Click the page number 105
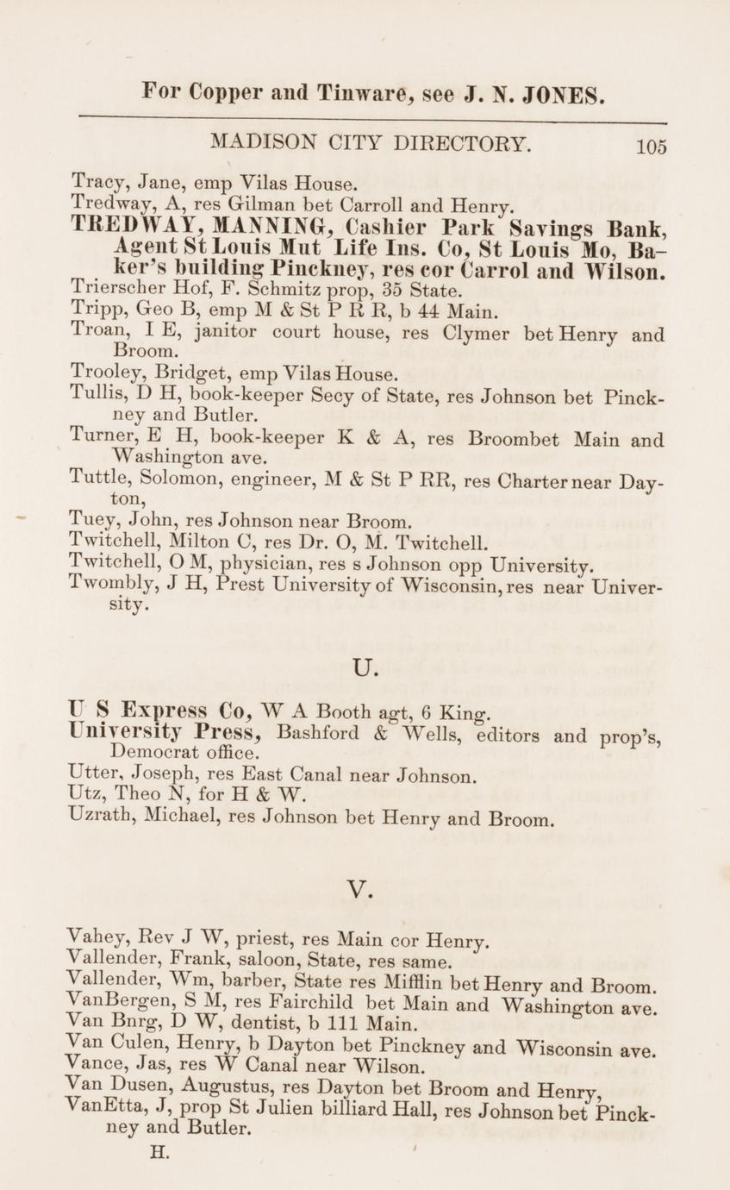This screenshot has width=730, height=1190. [652, 147]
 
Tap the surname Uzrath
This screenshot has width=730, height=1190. [96, 817]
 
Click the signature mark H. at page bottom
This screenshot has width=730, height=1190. [160, 1151]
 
